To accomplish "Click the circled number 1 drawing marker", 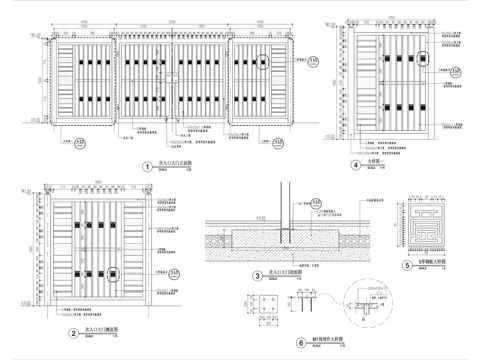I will pyautogui.click(x=148, y=166).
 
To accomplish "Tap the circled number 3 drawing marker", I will pyautogui.click(x=256, y=275).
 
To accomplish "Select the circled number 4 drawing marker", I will pyautogui.click(x=356, y=166).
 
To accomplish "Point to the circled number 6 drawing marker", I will pyautogui.click(x=272, y=342).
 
